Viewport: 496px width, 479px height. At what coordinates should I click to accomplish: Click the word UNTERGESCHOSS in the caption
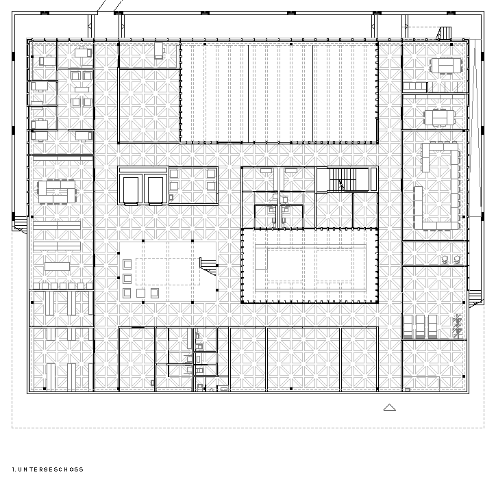pos(51,469)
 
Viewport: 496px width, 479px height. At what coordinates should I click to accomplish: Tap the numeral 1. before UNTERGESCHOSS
pos(14,469)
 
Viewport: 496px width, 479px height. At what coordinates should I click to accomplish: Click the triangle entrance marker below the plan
pos(389,407)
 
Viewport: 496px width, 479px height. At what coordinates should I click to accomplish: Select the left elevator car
pos(131,190)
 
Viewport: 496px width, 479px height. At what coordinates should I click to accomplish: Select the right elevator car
pos(156,190)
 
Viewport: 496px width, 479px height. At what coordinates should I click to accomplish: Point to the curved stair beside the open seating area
pos(208,266)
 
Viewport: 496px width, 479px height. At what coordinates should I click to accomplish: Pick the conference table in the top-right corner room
pos(446,66)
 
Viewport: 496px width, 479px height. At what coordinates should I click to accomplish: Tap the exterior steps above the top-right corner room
pos(445,33)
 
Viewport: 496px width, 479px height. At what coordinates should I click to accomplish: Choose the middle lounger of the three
pos(420,326)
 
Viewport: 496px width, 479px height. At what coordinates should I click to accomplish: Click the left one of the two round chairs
pos(445,260)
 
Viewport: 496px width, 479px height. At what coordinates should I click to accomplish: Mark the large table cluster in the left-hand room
pos(57,192)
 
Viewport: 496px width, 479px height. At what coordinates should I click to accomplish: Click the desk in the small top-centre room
pos(159,51)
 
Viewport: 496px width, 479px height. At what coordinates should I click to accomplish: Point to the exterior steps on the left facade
pos(21,224)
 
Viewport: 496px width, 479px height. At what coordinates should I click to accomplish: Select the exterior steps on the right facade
pos(475,298)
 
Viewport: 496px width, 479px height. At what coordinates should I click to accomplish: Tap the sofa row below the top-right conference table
pos(414,86)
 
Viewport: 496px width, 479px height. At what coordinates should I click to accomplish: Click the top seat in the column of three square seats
pos(127,264)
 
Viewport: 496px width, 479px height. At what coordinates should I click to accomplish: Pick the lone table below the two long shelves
pos(57,266)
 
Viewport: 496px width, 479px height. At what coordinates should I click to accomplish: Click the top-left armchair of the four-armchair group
pos(75,75)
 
